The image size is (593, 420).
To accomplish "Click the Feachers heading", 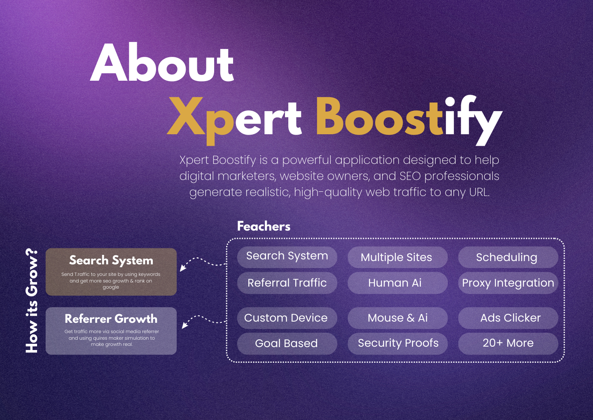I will pos(264,226).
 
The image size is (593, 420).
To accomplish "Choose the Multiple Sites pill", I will pos(397,257).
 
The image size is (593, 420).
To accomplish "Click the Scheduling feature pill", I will pos(507,257).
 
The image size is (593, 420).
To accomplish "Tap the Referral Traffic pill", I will pos(287,283).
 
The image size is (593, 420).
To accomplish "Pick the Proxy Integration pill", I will pos(508,283).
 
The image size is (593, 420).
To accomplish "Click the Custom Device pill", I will pos(287,318).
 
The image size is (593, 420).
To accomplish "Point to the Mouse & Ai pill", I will pos(397,318).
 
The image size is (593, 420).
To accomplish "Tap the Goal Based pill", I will pos(287,343).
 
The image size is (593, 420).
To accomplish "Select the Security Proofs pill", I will pos(398,343).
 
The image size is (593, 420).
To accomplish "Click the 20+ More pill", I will pos(508,343).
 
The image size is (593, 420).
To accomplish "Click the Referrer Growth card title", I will pos(111,319).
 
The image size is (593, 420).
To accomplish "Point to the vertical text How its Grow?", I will pos(32,301).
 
